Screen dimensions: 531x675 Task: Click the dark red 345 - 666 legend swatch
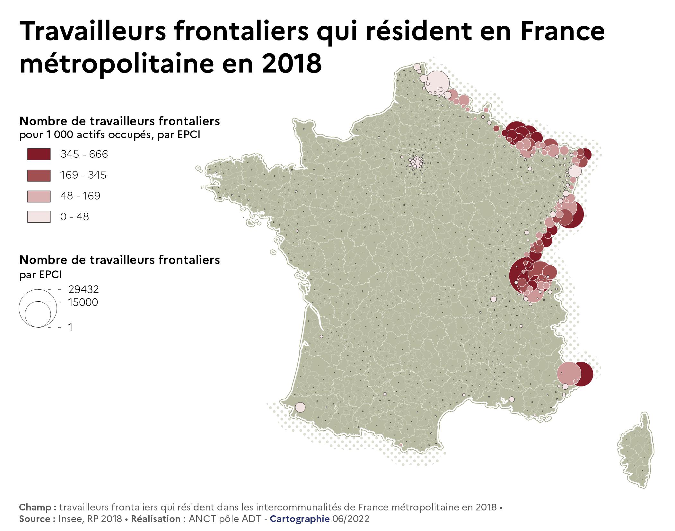pos(39,154)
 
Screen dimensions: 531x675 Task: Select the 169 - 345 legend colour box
pos(39,175)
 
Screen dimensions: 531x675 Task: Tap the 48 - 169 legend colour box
pos(39,196)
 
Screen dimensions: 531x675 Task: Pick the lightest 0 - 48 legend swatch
pos(39,217)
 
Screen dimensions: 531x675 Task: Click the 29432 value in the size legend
pos(83,289)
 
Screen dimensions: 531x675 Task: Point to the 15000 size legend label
pos(83,302)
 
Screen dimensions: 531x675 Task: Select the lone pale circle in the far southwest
pos(300,407)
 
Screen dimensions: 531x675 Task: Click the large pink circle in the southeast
pos(570,373)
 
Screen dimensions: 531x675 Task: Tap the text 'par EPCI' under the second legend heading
pos(40,275)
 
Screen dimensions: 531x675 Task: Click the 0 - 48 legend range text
pos(75,217)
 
